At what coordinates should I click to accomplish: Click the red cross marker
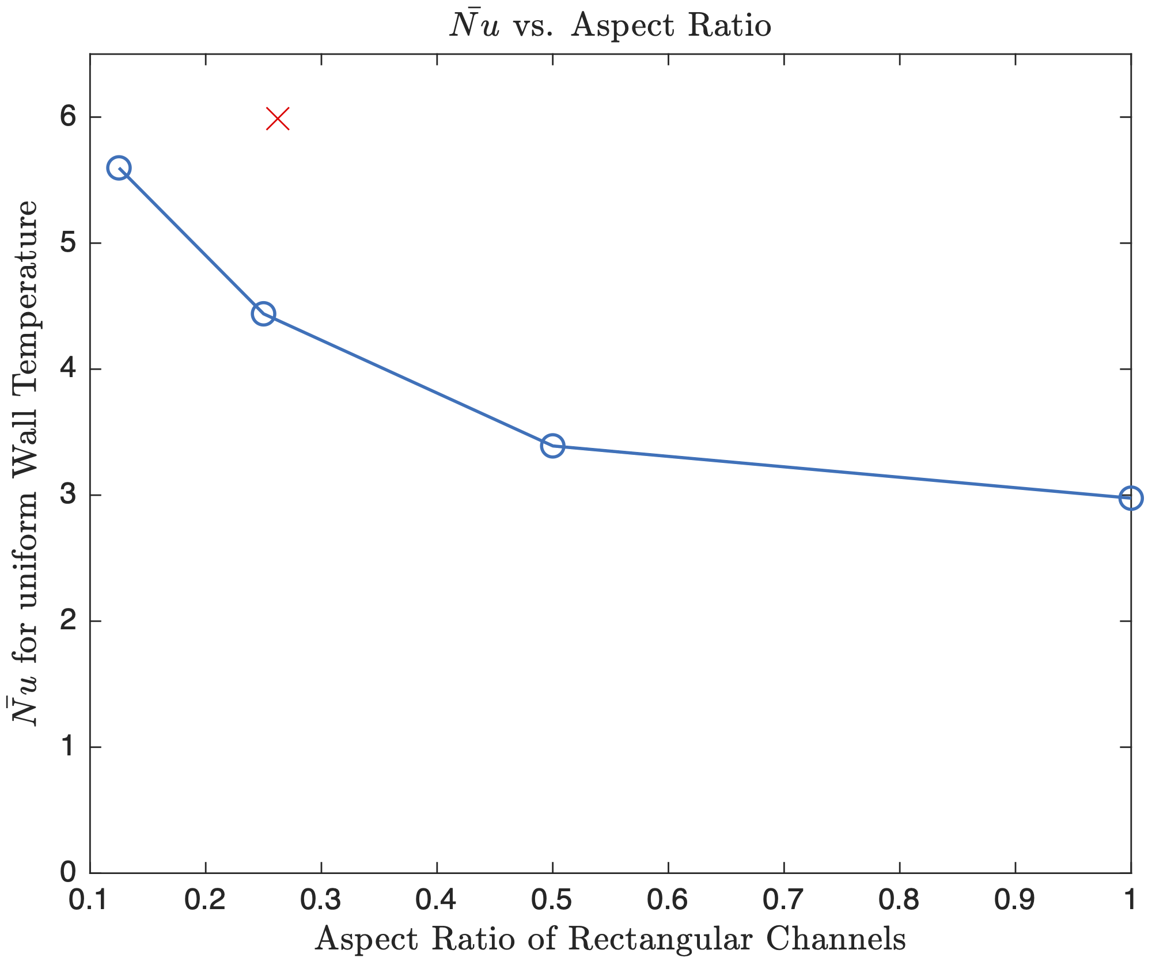pyautogui.click(x=278, y=119)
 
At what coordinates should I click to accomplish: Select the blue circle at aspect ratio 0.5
pyautogui.click(x=552, y=446)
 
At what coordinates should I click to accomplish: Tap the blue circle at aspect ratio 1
pyautogui.click(x=1131, y=498)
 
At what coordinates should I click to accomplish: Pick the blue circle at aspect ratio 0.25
pyautogui.click(x=263, y=314)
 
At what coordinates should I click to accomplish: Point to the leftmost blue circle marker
pyautogui.click(x=119, y=168)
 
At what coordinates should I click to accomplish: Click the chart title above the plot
pyautogui.click(x=611, y=26)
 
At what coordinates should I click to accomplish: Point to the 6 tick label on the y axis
pyautogui.click(x=68, y=117)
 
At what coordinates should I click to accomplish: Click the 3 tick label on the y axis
pyautogui.click(x=68, y=495)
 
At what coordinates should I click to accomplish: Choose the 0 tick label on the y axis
pyautogui.click(x=68, y=872)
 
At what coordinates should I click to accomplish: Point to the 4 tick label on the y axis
pyautogui.click(x=68, y=369)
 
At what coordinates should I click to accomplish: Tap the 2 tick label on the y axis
pyautogui.click(x=68, y=621)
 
